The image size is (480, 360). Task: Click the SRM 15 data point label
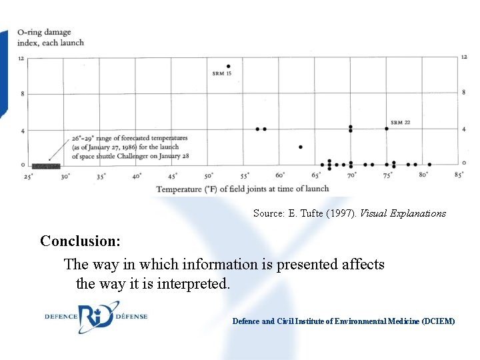[x=221, y=73]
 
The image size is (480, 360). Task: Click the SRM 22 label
[x=400, y=123]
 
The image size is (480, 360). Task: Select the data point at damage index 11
[x=229, y=66]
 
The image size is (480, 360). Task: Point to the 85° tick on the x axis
[x=459, y=175]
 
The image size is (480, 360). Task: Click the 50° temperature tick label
[x=209, y=176]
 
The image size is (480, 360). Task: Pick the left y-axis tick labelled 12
[x=21, y=59]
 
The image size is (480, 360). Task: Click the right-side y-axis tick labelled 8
[x=463, y=92]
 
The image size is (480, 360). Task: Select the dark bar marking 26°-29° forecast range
[x=46, y=166]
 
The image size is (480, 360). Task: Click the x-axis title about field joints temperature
[x=243, y=189]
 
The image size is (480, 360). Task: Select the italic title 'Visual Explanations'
[x=403, y=213]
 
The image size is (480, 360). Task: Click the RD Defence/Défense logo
[x=96, y=317]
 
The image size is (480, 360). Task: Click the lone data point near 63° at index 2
[x=301, y=147]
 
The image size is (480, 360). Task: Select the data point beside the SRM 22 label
[x=387, y=129]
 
